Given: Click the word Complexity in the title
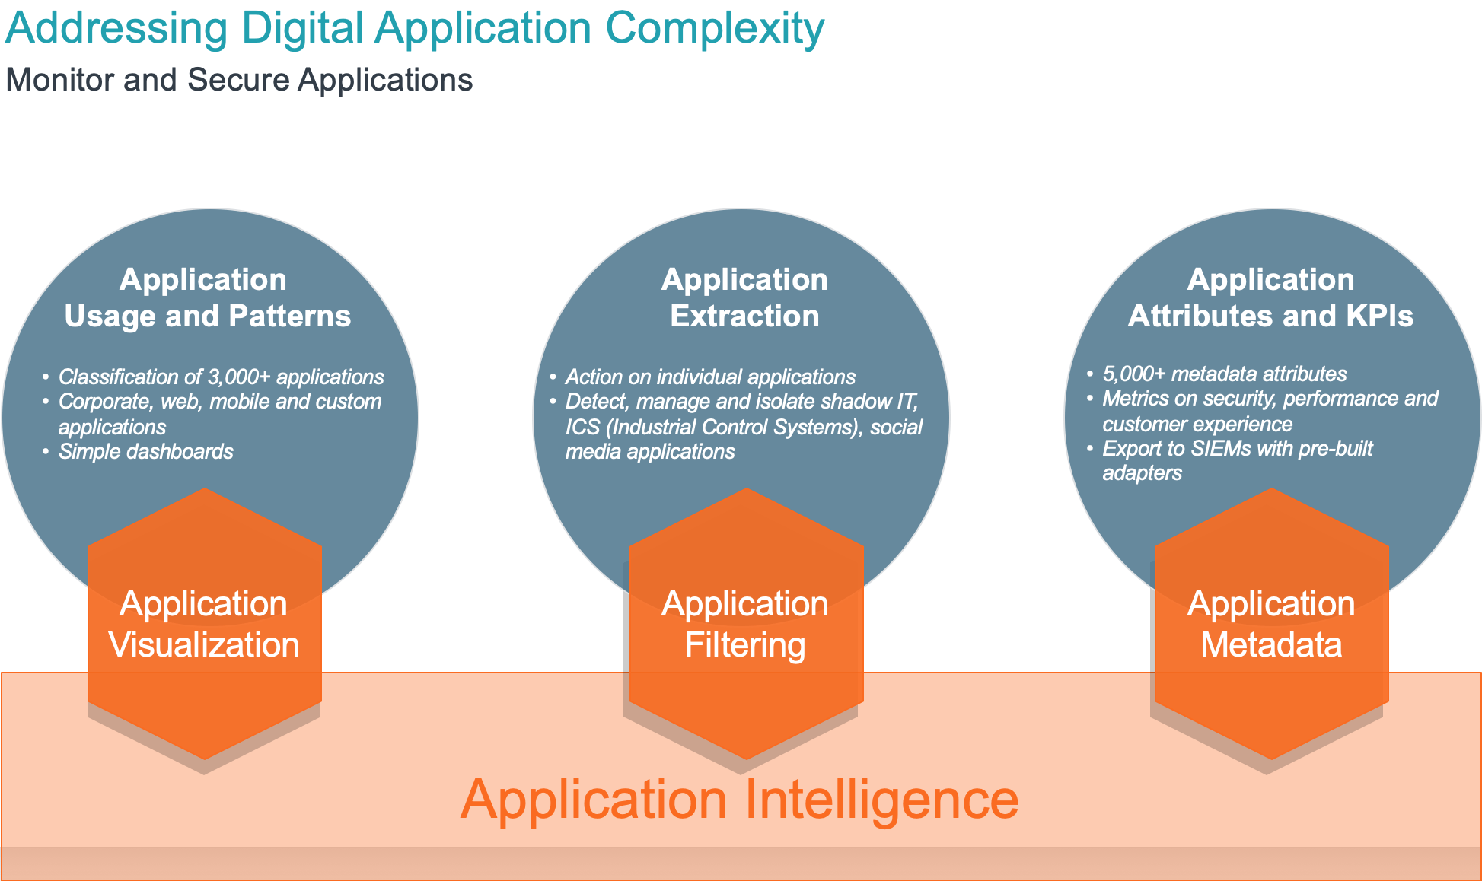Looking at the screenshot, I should point(715,29).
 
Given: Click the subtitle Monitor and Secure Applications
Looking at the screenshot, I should point(239,80).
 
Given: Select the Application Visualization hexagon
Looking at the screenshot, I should point(204,624).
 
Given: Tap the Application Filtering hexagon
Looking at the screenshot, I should point(745,624).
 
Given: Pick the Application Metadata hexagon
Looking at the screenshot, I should point(1271,624).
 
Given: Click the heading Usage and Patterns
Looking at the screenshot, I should point(207,316).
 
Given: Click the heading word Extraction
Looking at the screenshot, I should point(744,316).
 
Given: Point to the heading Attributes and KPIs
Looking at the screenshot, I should point(1270,316).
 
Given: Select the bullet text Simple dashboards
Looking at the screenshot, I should point(145,451).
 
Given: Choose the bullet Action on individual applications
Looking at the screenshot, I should point(710,377).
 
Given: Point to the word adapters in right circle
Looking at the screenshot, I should point(1142,473).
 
